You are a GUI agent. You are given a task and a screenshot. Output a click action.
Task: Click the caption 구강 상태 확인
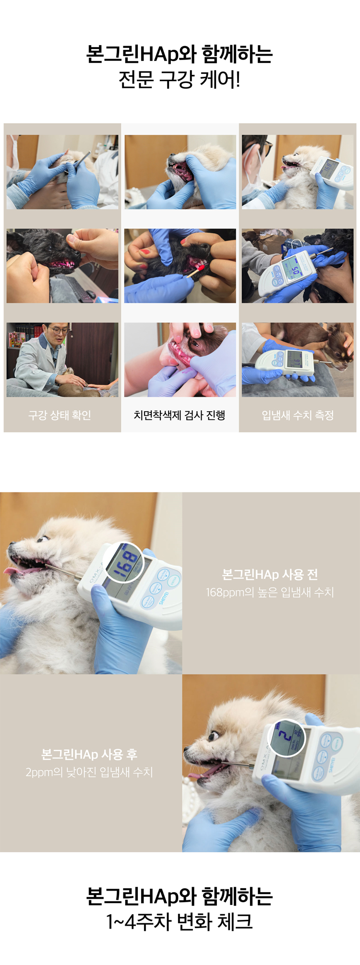[60, 415]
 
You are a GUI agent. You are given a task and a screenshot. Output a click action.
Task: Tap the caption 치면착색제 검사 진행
[180, 415]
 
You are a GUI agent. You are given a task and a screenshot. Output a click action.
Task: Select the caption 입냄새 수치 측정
[298, 415]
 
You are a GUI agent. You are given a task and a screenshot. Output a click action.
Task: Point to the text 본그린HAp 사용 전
[270, 574]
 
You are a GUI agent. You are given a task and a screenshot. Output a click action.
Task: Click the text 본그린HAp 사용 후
[89, 754]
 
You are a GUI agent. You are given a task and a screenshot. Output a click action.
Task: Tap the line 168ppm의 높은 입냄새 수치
[270, 592]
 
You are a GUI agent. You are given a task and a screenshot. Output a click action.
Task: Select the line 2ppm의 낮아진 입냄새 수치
[89, 772]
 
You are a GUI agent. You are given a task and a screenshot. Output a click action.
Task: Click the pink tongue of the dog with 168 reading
[19, 571]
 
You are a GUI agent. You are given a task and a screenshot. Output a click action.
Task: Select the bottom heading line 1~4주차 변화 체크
[180, 921]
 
